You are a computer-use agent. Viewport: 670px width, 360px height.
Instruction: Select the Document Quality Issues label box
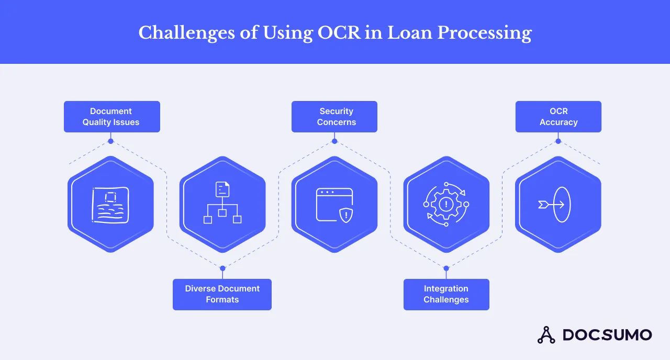[111, 117]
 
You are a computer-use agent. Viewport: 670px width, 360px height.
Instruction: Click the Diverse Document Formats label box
[222, 294]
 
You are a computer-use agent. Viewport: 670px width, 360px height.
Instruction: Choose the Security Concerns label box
[334, 117]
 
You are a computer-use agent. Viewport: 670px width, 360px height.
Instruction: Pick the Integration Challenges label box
[446, 294]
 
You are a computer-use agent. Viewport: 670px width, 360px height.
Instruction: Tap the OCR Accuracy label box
[558, 117]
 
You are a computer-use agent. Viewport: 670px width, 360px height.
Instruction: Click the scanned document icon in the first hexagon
[110, 205]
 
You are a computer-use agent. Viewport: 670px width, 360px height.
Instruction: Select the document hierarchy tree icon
[222, 203]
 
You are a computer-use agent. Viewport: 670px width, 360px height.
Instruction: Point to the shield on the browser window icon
[346, 215]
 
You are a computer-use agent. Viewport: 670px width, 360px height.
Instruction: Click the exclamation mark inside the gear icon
[446, 204]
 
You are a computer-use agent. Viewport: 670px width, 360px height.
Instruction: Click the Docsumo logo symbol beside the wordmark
[546, 335]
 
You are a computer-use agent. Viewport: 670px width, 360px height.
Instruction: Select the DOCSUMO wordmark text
[607, 335]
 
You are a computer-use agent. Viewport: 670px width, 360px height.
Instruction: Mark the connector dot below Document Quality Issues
[110, 141]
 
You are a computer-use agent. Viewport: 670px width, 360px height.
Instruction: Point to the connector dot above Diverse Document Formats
[222, 268]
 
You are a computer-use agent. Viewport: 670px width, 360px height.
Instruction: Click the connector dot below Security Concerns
[334, 141]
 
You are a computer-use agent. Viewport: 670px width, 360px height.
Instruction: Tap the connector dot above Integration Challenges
[446, 268]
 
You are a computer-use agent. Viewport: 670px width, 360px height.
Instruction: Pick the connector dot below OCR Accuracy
[558, 141]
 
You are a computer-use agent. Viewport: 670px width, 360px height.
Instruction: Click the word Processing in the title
[484, 33]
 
